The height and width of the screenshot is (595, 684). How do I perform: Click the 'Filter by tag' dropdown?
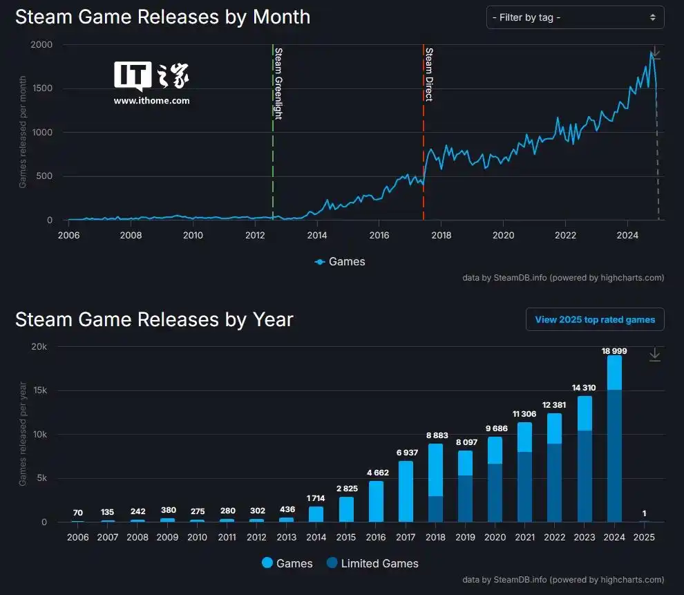pos(575,17)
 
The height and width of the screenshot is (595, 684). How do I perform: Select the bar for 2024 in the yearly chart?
pos(614,442)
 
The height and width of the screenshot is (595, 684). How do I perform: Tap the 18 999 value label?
pos(614,351)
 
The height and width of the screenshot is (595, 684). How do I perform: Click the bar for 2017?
pos(406,491)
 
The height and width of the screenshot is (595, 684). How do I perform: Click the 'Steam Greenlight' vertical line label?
pos(278,84)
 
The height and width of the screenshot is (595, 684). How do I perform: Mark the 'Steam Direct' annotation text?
pos(428,75)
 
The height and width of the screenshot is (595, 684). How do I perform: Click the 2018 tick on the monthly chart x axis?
pos(441,234)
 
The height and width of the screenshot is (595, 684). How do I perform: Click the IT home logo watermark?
pos(151,77)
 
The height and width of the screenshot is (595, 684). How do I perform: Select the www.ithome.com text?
pos(151,101)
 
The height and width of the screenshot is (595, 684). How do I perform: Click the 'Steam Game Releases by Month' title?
pos(162,17)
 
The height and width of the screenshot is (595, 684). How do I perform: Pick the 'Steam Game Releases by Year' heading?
pos(154,319)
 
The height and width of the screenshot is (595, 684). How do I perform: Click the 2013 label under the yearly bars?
pos(286,537)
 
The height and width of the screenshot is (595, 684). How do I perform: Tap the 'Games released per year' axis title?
pos(23,433)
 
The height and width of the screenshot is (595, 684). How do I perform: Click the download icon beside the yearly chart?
pos(654,355)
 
